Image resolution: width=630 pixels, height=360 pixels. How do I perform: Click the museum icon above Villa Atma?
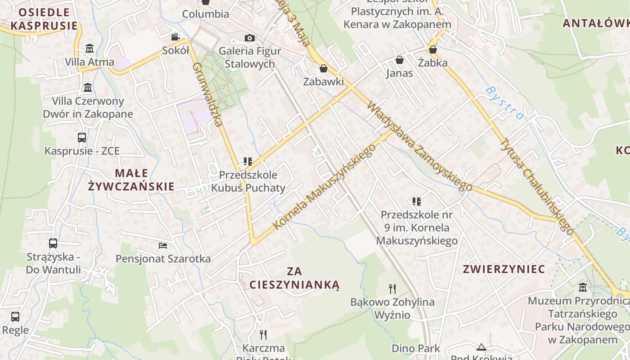90,48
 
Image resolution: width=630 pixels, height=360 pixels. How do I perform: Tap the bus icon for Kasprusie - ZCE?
82,137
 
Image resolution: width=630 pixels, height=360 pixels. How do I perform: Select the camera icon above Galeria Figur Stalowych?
249,38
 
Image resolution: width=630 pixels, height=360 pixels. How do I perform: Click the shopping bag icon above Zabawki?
323,68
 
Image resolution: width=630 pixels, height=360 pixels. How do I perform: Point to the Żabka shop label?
432,62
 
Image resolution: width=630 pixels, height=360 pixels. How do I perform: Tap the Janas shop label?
399,73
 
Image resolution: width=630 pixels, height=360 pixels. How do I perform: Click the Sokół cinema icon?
175,37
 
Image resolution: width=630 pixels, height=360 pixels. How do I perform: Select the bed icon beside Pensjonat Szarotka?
163,245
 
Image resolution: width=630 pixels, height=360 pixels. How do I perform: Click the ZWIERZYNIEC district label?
504,269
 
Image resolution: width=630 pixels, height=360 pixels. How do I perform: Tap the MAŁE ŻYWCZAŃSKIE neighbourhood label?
131,180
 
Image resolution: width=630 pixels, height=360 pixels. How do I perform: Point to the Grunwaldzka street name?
208,94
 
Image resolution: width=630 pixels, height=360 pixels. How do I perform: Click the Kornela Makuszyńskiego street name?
324,186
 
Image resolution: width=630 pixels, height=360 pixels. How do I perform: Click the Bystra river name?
505,103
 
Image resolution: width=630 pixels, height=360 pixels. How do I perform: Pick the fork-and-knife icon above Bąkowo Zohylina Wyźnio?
392,288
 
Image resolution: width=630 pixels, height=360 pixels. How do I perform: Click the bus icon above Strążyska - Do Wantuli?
53,243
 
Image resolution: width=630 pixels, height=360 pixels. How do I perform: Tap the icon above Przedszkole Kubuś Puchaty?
247,161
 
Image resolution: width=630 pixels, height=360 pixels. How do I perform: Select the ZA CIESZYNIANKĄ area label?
295,278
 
